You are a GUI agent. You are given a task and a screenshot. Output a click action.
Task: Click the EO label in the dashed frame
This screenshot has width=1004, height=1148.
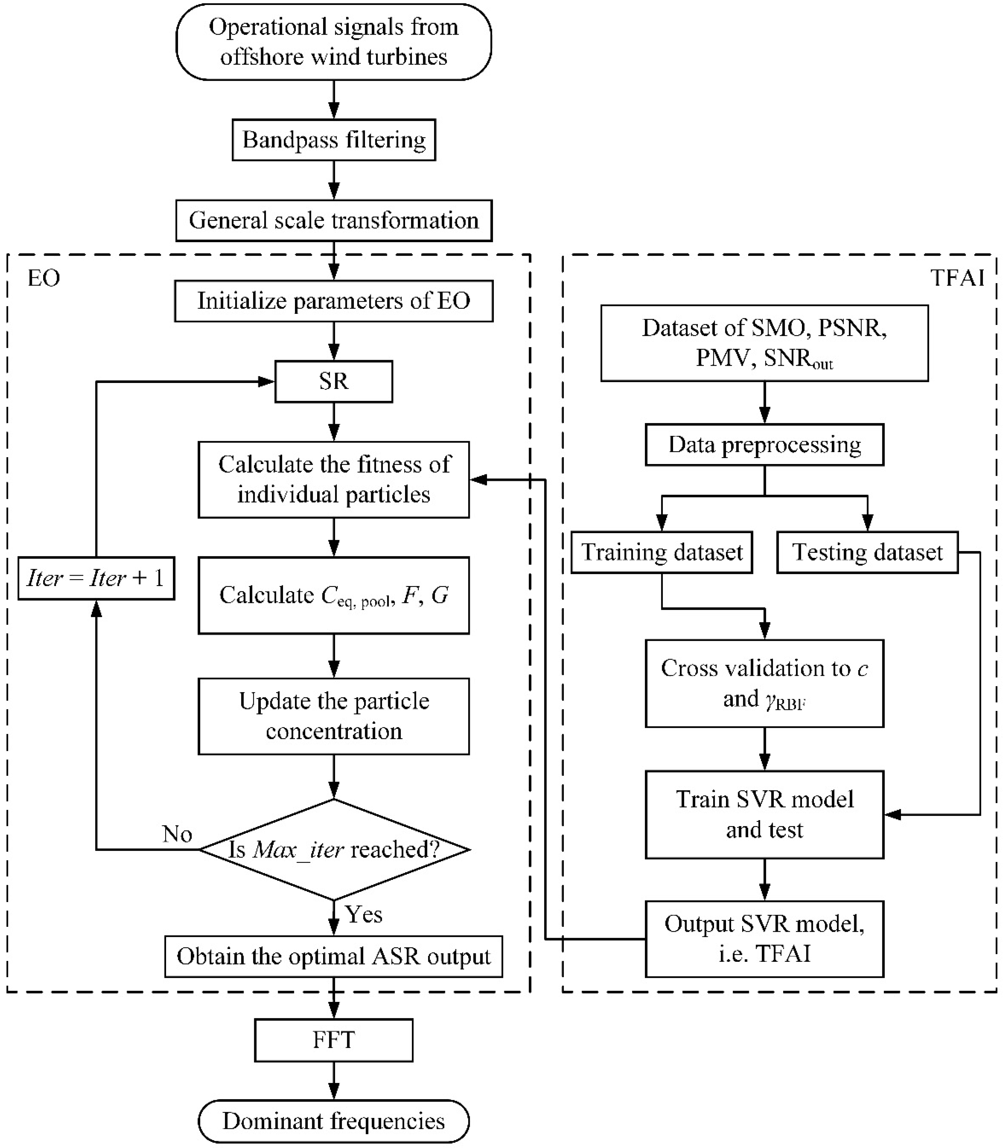[44, 278]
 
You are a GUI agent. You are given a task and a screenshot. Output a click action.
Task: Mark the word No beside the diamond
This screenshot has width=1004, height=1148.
[177, 834]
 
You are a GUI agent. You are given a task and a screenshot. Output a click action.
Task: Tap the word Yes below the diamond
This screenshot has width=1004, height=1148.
[364, 914]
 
